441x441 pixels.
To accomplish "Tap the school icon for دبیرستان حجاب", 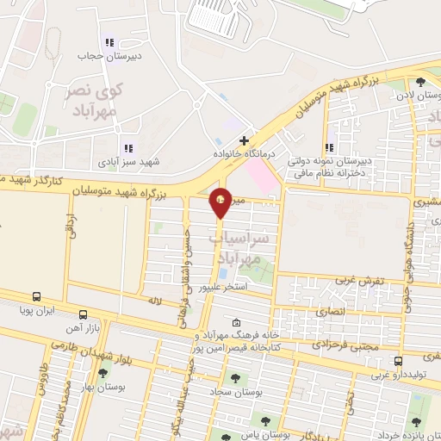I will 109,42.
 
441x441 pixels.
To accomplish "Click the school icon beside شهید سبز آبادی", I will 128,148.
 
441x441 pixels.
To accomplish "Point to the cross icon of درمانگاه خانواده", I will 245,140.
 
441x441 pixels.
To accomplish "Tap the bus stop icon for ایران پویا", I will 36,295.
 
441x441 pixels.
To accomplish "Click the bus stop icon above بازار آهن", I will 83,314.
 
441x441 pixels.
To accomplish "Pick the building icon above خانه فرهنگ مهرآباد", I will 237,322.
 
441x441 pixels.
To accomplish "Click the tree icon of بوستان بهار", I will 103,374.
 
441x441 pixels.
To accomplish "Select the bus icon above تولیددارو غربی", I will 397,362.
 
